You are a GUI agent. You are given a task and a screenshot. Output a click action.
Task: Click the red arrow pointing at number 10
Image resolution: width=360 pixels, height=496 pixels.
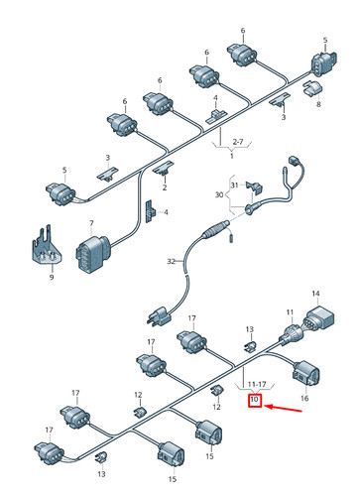pos(284,408)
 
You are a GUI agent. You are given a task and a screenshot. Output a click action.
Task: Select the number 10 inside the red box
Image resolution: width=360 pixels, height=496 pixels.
pos(254,400)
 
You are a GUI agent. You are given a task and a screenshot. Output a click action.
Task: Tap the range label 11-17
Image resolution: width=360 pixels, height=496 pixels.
pos(257,384)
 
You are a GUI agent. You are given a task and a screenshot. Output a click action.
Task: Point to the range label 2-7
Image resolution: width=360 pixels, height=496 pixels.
pos(238,142)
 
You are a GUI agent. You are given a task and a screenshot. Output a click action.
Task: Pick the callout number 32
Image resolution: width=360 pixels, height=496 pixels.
pos(171,262)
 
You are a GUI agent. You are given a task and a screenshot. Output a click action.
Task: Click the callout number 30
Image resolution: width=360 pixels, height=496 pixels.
pos(219,194)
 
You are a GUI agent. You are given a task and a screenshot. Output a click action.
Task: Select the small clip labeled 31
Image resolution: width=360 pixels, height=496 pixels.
pos(255,187)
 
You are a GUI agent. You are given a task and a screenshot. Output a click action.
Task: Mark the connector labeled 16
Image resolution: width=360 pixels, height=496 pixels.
pos(306,374)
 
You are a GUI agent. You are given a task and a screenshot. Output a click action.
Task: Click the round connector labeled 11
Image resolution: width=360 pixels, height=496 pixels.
pos(292,333)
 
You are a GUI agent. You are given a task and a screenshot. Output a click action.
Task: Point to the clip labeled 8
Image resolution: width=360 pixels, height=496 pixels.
pos(312,88)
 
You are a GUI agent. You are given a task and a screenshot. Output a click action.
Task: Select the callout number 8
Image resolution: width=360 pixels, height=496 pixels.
pos(318,104)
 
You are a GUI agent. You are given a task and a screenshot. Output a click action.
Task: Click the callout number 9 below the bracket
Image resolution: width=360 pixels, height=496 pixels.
pos(52,277)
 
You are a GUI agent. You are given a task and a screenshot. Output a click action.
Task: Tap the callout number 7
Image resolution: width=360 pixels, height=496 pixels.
pos(91,224)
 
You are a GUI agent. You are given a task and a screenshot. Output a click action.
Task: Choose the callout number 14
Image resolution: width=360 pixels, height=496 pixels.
pos(315,294)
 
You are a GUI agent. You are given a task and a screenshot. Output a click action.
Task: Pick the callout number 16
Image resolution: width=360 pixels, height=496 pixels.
pos(304,399)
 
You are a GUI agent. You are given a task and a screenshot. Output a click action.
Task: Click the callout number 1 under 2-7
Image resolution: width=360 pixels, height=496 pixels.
pos(231,156)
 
